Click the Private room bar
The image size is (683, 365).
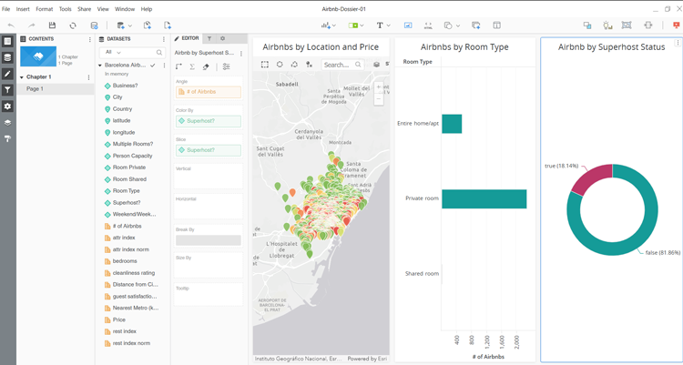pos(484,198)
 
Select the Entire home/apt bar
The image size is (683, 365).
pos(452,124)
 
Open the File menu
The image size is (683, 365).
pos(6,9)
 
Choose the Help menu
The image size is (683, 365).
pos(146,9)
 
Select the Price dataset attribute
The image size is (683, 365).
pos(119,319)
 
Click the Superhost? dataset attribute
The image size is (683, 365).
pos(127,203)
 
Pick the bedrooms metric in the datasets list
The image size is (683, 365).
pos(125,261)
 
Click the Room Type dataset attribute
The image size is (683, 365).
pos(127,191)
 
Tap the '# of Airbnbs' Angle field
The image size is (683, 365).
pos(208,92)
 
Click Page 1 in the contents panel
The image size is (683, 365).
pos(35,89)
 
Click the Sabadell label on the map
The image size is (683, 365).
pos(288,83)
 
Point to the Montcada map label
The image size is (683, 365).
pos(340,143)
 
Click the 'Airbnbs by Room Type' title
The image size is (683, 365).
pos(464,46)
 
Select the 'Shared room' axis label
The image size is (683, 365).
pos(421,273)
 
